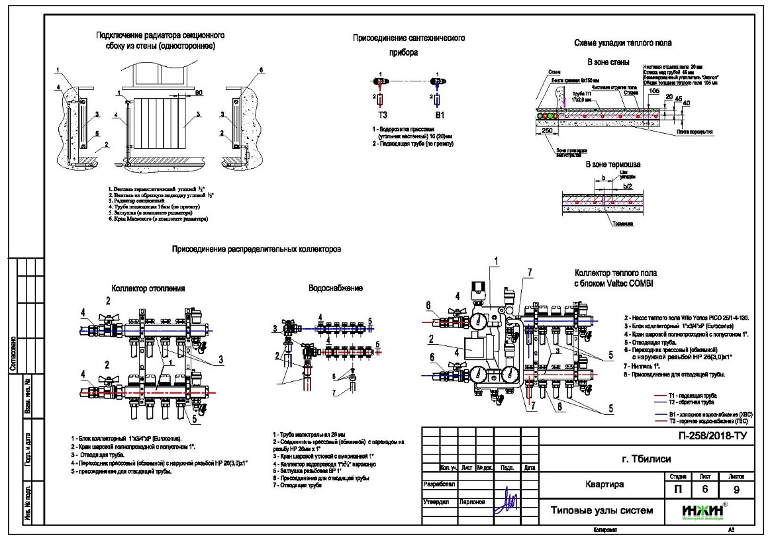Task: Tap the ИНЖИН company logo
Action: click(x=702, y=511)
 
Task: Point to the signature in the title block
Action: click(x=510, y=502)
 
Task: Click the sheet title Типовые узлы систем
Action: click(x=601, y=511)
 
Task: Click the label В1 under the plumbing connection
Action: click(x=438, y=114)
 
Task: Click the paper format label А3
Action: click(x=731, y=530)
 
